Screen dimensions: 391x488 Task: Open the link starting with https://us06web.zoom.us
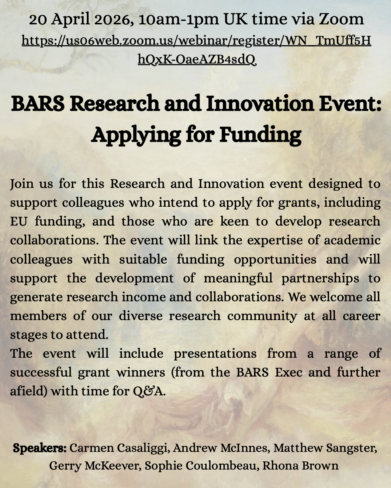pyautogui.click(x=196, y=41)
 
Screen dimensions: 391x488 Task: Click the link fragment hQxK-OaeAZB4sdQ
pyautogui.click(x=197, y=59)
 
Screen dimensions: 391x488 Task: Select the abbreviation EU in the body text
pyautogui.click(x=18, y=221)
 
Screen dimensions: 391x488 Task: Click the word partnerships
pyautogui.click(x=320, y=278)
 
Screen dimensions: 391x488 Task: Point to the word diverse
pyautogui.click(x=141, y=316)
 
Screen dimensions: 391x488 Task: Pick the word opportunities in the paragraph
pyautogui.click(x=275, y=260)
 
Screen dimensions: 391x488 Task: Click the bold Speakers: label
pyautogui.click(x=40, y=448)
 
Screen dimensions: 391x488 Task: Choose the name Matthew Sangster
pyautogui.click(x=325, y=448)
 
